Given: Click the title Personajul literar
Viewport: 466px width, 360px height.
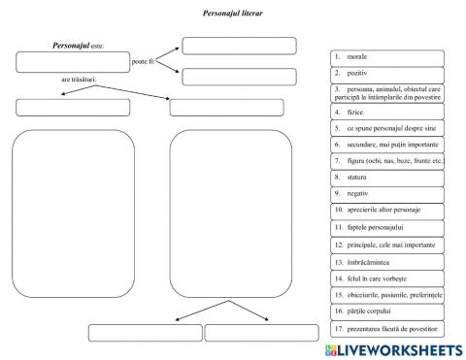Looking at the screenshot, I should [232, 14].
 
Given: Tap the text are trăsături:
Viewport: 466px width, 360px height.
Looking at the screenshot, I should [80, 80].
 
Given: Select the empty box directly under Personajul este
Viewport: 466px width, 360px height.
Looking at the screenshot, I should [72, 62].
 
